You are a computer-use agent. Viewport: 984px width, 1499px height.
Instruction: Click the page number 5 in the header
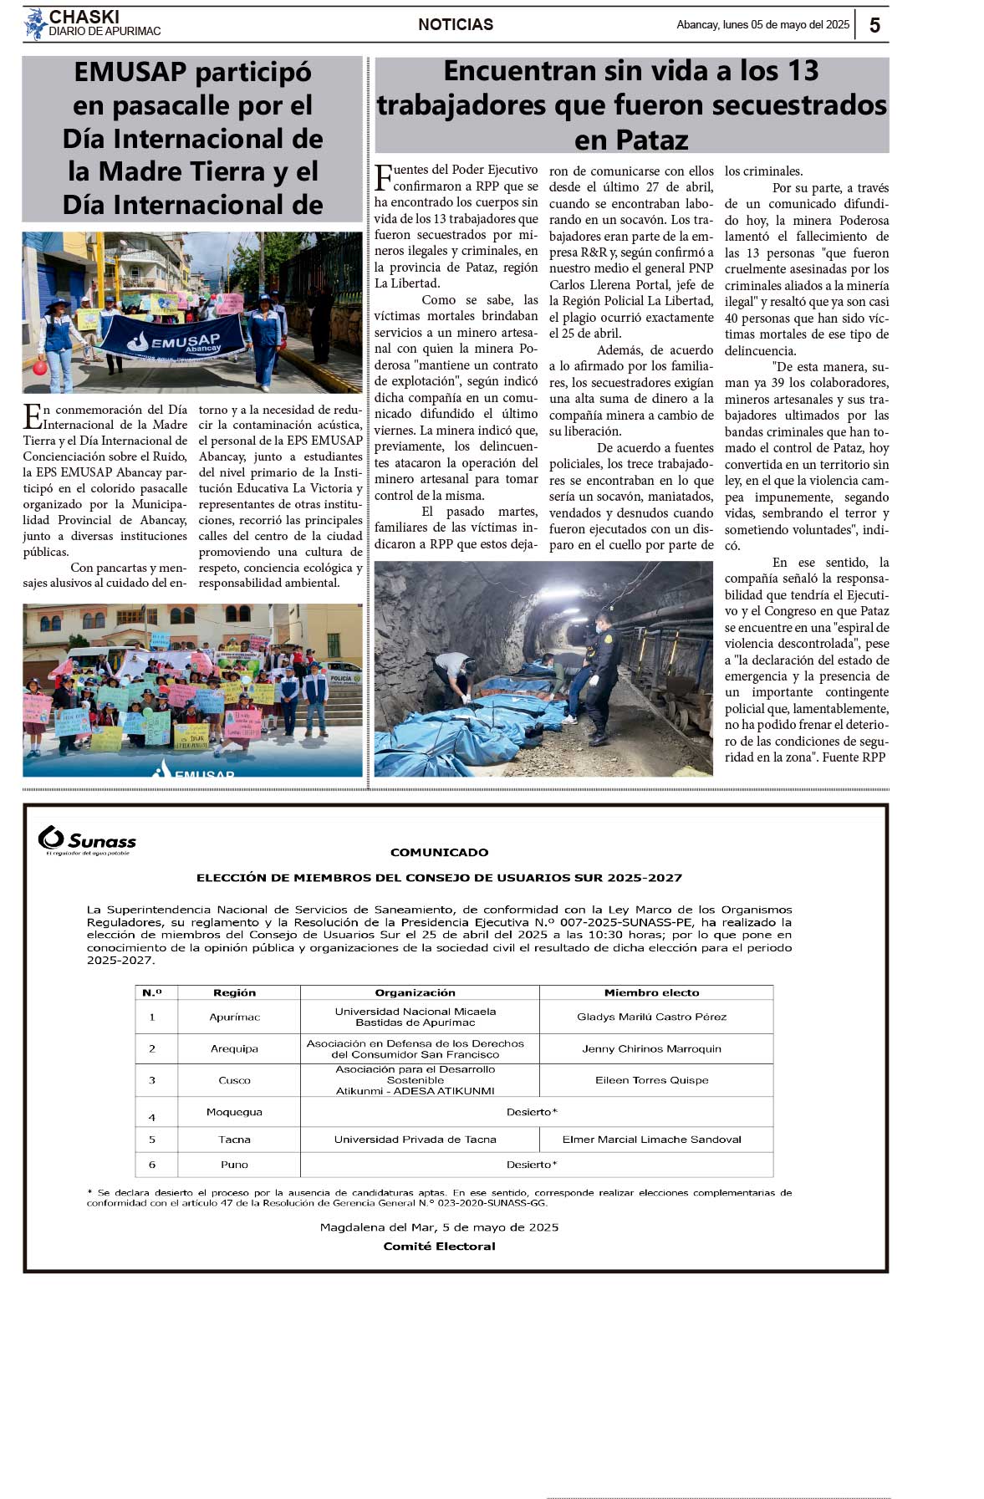(x=874, y=25)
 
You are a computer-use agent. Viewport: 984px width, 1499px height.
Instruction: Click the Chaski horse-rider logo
(x=35, y=23)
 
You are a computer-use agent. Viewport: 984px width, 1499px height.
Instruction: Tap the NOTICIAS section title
(x=456, y=25)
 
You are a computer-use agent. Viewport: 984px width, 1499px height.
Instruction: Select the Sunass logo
(x=87, y=839)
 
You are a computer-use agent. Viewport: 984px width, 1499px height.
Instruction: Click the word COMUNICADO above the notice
(x=439, y=852)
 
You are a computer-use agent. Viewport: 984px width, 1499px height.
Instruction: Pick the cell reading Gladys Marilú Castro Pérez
(x=651, y=1017)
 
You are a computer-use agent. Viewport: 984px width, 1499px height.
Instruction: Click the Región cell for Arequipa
(x=234, y=1048)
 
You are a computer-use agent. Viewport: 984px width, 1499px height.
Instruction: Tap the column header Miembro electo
(x=651, y=992)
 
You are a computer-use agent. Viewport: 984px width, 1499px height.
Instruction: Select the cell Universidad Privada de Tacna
(x=415, y=1139)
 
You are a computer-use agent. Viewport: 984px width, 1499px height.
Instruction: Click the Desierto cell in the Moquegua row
(x=532, y=1112)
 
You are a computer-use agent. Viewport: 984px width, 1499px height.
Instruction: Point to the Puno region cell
(x=234, y=1165)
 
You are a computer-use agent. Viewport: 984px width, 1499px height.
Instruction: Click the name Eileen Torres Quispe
(x=651, y=1080)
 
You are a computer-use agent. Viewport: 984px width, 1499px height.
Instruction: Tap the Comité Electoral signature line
(x=439, y=1246)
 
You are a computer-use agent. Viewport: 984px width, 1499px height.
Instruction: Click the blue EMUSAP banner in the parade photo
(x=174, y=338)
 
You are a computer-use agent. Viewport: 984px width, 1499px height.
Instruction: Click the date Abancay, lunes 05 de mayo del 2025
(x=762, y=25)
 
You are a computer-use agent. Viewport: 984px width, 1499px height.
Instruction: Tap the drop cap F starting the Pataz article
(x=383, y=177)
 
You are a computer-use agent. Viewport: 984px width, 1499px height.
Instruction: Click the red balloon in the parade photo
(x=39, y=367)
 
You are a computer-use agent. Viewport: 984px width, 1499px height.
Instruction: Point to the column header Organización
(x=415, y=992)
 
